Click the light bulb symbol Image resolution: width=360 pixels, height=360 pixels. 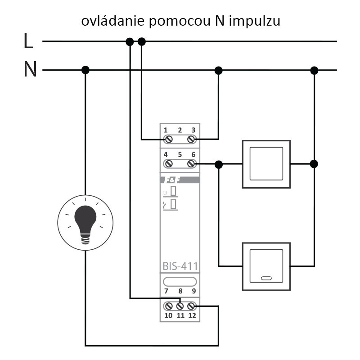(85, 222)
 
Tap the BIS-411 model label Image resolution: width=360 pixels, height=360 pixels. (180, 266)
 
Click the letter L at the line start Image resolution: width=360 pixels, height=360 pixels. (28, 41)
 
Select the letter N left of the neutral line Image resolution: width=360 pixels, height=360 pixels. (30, 70)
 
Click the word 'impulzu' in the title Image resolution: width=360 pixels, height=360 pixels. (255, 21)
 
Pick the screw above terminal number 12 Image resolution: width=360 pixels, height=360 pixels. (191, 306)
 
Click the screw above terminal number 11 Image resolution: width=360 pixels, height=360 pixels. (180, 306)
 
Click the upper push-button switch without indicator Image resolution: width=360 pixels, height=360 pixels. (266, 164)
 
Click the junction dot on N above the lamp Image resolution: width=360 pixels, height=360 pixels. (85, 70)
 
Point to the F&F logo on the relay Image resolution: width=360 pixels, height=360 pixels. (169, 180)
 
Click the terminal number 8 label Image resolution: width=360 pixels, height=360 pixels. (180, 291)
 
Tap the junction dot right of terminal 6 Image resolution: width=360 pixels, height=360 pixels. (219, 164)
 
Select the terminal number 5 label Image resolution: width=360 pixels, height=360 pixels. (180, 154)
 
